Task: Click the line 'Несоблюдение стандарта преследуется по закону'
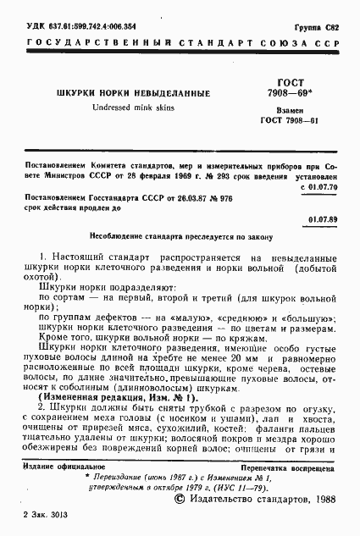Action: point(180,237)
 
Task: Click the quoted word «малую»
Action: point(176,318)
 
